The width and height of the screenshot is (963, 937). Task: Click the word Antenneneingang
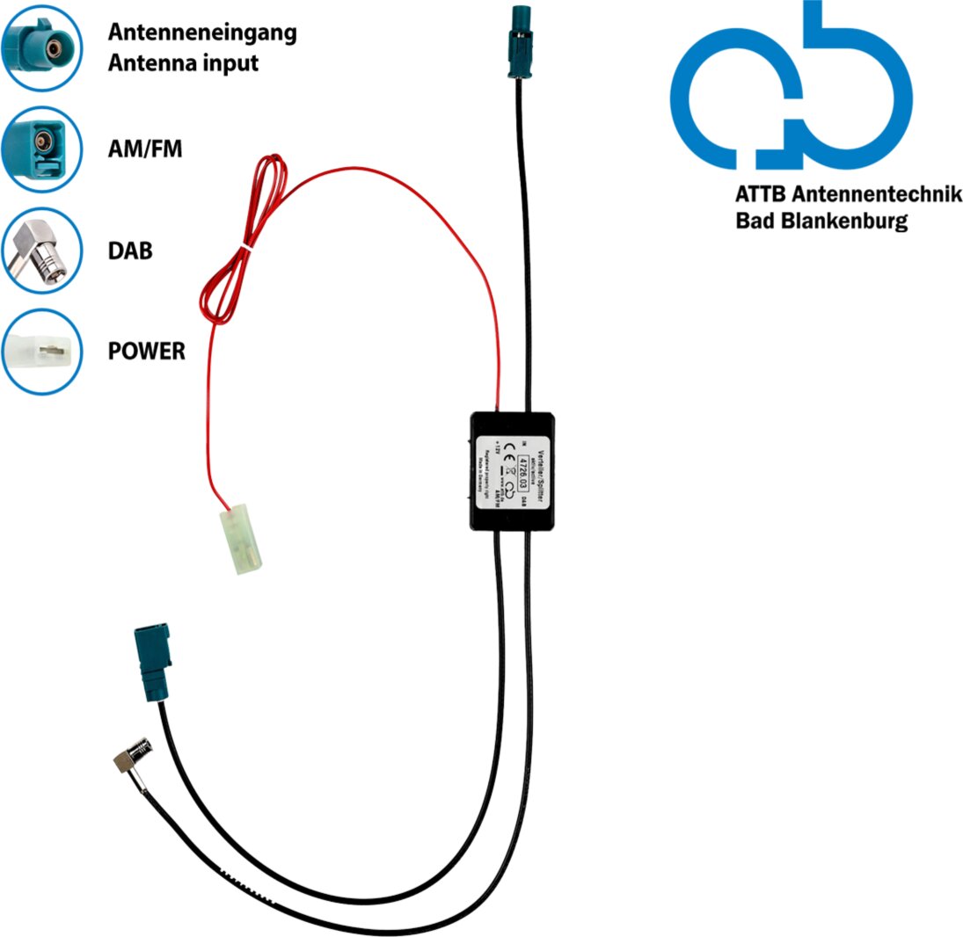pyautogui.click(x=202, y=33)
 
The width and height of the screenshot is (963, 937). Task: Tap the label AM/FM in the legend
pyautogui.click(x=145, y=149)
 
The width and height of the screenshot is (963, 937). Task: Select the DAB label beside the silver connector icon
pyautogui.click(x=130, y=251)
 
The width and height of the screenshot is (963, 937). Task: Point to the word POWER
pyautogui.click(x=147, y=352)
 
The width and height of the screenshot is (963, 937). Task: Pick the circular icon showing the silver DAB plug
pyautogui.click(x=41, y=251)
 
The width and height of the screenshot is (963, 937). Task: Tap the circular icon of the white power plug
pyautogui.click(x=41, y=352)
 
